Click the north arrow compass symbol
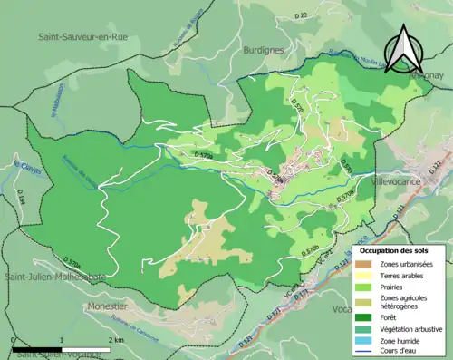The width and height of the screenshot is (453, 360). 400,49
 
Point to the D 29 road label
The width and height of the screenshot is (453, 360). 302,15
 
